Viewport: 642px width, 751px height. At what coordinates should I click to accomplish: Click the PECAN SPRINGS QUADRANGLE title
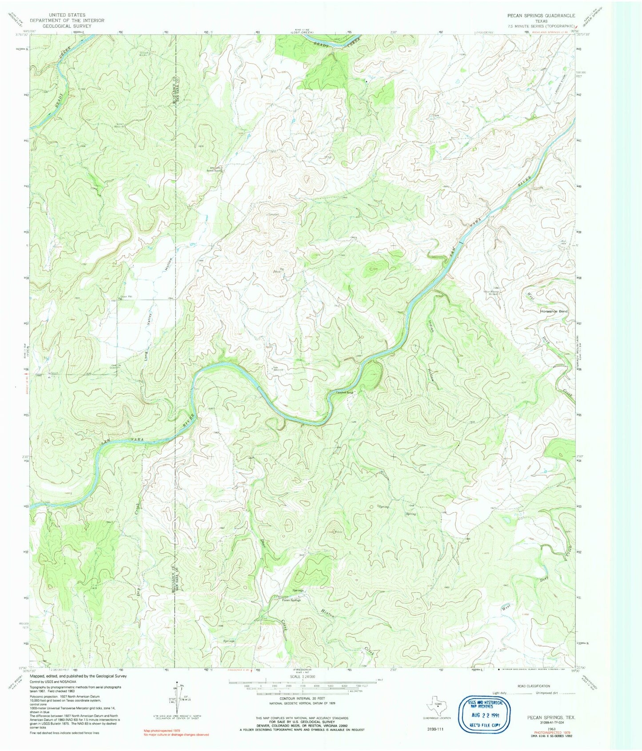coord(541,16)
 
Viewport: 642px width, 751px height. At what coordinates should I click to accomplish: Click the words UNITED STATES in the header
coord(67,15)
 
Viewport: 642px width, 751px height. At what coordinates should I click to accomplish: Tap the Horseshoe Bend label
coord(554,312)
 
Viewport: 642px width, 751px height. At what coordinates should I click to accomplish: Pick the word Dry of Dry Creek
coord(139,591)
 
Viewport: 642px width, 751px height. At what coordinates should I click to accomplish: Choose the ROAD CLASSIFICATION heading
coord(533,686)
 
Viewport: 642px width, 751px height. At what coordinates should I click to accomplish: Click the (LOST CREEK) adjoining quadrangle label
coord(302,32)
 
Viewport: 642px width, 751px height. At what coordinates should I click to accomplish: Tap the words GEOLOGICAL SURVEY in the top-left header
coord(67,26)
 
